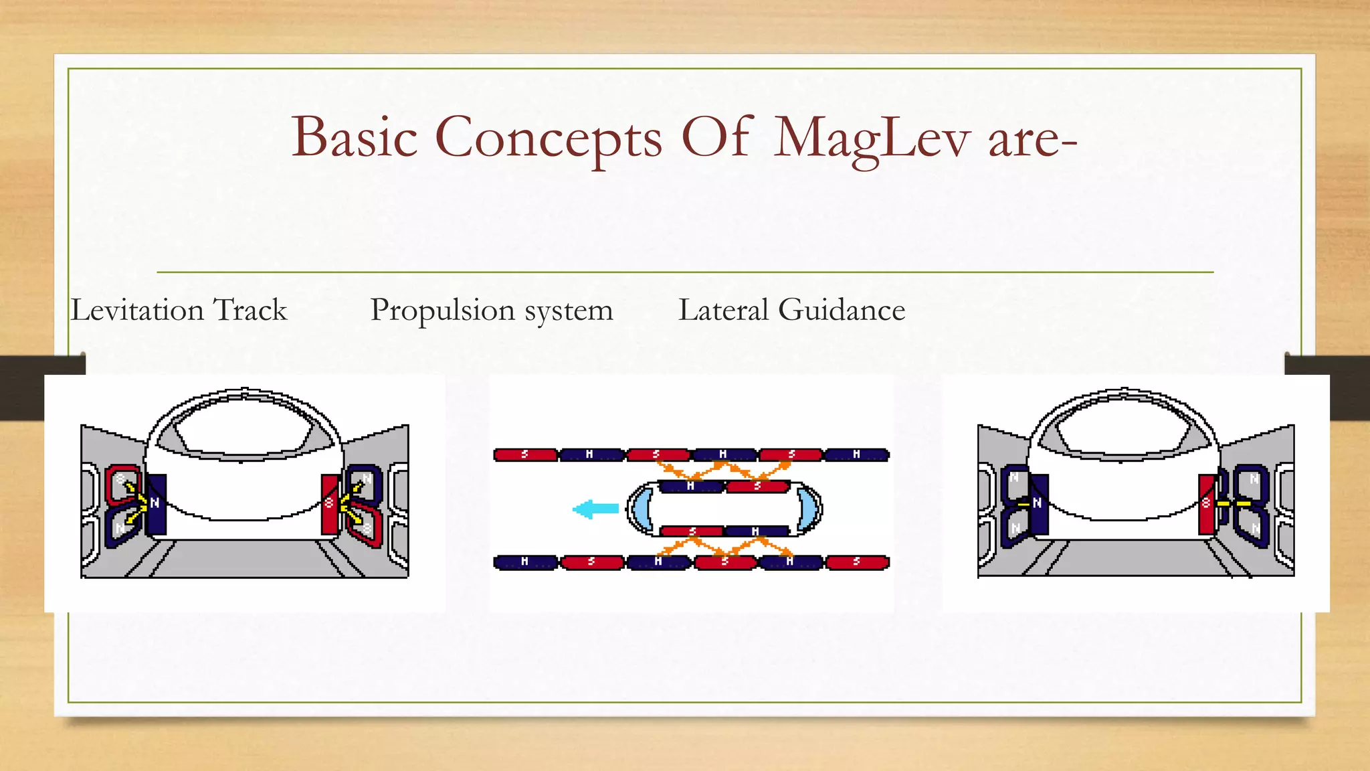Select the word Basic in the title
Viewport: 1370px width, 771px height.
coord(355,137)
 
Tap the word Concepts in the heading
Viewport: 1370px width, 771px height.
coord(549,138)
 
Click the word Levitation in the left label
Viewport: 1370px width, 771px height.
coord(137,310)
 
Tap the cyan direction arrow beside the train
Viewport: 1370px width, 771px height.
coord(595,509)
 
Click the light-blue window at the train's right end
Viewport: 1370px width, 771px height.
coord(807,509)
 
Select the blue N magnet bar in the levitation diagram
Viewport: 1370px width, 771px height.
coord(156,503)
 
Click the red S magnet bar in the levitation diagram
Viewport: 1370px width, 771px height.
coord(329,503)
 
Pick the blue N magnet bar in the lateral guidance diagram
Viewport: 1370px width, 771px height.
coord(1039,503)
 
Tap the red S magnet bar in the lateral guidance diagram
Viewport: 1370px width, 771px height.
coord(1207,503)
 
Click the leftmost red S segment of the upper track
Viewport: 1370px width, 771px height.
coord(525,455)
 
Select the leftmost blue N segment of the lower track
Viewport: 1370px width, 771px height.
coord(525,562)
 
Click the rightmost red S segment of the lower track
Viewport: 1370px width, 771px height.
coord(857,562)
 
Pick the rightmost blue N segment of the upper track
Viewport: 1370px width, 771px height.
coord(857,455)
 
